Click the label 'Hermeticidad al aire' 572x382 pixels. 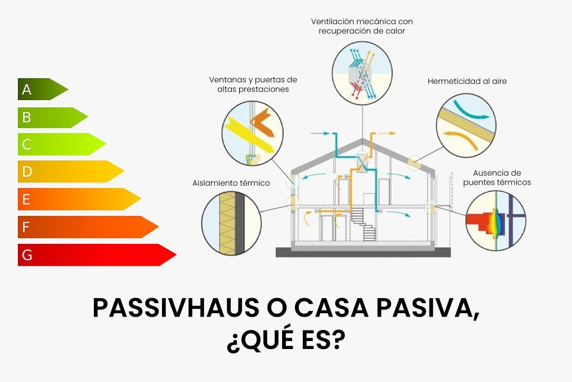pyautogui.click(x=467, y=81)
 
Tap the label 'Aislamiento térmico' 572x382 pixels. pyautogui.click(x=231, y=183)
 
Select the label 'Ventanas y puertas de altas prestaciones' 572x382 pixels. pyautogui.click(x=253, y=84)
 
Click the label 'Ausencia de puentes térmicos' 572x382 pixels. pyautogui.click(x=497, y=178)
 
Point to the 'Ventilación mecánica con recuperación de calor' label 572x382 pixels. pyautogui.click(x=362, y=26)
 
